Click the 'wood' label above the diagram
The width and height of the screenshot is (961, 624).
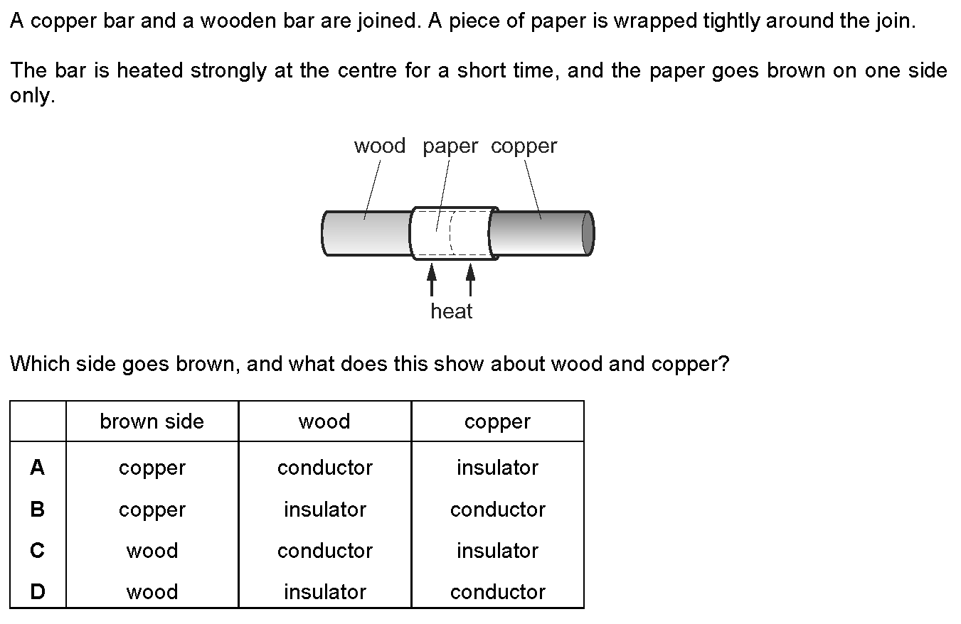click(x=379, y=146)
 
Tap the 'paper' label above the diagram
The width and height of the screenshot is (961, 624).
click(x=450, y=147)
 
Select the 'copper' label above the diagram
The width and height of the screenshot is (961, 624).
click(x=524, y=146)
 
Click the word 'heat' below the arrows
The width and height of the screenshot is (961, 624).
click(x=451, y=311)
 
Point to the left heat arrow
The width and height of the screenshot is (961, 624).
click(x=431, y=279)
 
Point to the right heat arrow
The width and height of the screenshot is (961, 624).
click(x=470, y=279)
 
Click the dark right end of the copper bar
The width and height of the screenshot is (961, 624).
click(x=588, y=233)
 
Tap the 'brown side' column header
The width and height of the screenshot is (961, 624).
click(x=152, y=421)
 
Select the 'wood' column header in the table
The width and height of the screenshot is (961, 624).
click(x=324, y=421)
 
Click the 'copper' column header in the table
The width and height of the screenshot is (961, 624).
click(x=497, y=422)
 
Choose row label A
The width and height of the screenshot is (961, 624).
click(x=38, y=468)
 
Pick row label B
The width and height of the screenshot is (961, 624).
click(x=38, y=510)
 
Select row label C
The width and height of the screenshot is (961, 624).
click(x=38, y=551)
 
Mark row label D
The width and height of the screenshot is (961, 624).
click(x=38, y=592)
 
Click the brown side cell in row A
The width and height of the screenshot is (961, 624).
click(x=152, y=468)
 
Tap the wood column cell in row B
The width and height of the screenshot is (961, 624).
click(x=324, y=510)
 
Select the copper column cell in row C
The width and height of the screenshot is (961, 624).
click(x=497, y=551)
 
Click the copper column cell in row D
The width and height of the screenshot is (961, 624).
click(x=497, y=592)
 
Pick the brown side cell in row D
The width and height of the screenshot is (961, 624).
click(x=152, y=592)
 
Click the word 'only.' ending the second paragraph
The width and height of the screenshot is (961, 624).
click(x=32, y=97)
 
